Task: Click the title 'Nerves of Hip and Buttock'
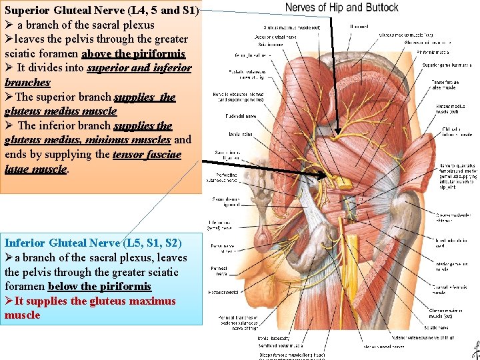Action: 341,8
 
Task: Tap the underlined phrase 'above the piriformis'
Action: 133,53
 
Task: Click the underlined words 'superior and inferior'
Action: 139,68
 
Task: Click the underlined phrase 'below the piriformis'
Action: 99,286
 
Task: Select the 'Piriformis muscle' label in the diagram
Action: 433,51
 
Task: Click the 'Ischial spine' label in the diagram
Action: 240,133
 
